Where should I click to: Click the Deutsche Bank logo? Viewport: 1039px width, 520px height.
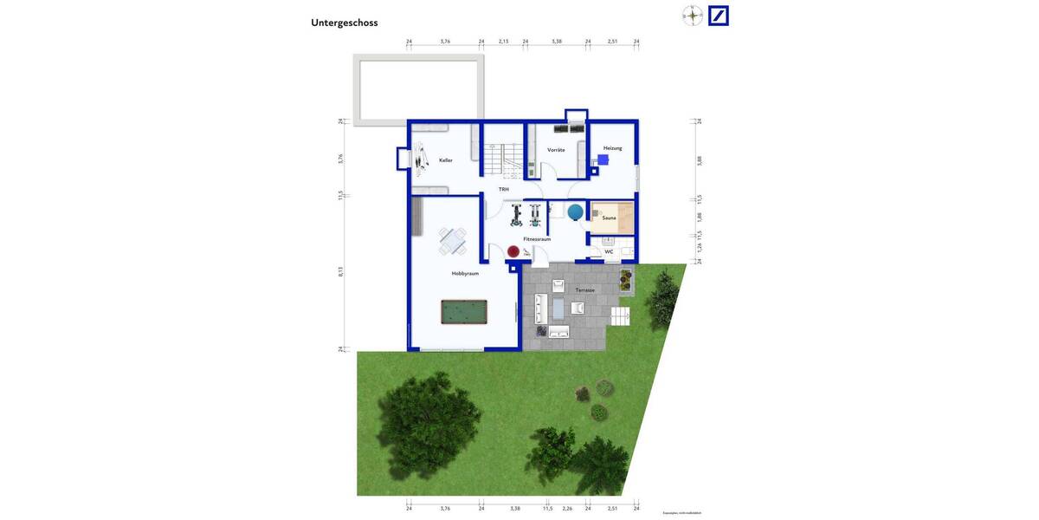pos(719,16)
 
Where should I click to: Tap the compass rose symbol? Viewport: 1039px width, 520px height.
pos(693,16)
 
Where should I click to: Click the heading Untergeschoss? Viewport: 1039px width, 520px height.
pos(345,23)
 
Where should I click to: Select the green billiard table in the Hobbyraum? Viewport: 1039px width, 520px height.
pos(464,312)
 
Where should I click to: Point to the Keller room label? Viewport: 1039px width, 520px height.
pos(446,160)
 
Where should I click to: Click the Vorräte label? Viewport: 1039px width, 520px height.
pos(556,150)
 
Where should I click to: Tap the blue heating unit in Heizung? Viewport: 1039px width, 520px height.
pos(603,159)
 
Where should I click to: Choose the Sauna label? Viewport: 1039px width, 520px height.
pos(610,218)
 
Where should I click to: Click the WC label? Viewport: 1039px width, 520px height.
pos(609,252)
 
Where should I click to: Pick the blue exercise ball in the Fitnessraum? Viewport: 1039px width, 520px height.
pos(576,211)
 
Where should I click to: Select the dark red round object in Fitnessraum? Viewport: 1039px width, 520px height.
pos(513,251)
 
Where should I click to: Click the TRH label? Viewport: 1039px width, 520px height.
pos(503,189)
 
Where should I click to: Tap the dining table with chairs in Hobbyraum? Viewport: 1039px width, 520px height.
pos(452,241)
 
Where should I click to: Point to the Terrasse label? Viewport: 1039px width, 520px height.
pos(585,290)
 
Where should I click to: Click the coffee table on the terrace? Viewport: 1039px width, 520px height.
pos(558,308)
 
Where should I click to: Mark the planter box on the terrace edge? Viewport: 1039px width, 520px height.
pos(625,279)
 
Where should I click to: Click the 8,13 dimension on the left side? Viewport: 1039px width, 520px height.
pos(341,271)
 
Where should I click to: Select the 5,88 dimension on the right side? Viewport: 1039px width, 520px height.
pos(700,160)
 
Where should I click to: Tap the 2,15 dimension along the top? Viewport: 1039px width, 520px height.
pos(504,42)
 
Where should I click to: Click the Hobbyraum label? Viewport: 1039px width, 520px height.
pos(465,274)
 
